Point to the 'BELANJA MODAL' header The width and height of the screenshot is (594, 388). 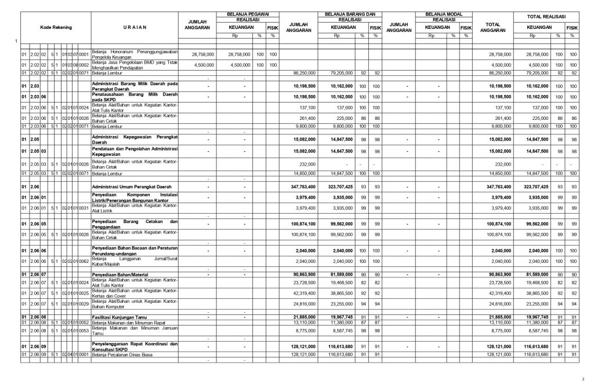click(x=441, y=13)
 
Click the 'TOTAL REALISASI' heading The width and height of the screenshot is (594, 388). click(x=546, y=16)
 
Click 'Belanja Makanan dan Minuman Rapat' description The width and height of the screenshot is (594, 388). click(x=128, y=322)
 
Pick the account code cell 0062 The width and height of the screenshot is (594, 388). click(x=84, y=262)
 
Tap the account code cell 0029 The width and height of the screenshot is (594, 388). click(x=84, y=303)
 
